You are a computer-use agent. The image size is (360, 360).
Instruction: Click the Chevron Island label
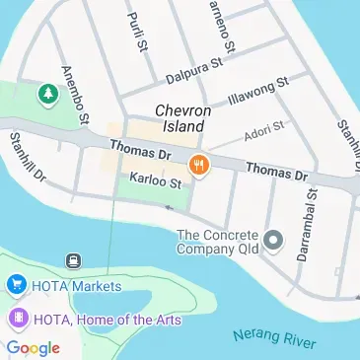coord(180,119)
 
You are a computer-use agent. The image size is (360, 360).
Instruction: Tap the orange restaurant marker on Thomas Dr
coord(198,165)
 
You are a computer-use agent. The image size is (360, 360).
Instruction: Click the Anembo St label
coord(75,95)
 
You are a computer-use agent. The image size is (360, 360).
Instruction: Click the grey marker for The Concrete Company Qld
coord(275,241)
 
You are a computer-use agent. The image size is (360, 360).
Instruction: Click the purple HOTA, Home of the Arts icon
coord(16,319)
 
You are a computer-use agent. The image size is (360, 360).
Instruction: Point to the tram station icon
coord(72,261)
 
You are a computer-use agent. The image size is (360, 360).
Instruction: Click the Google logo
coord(32,347)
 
